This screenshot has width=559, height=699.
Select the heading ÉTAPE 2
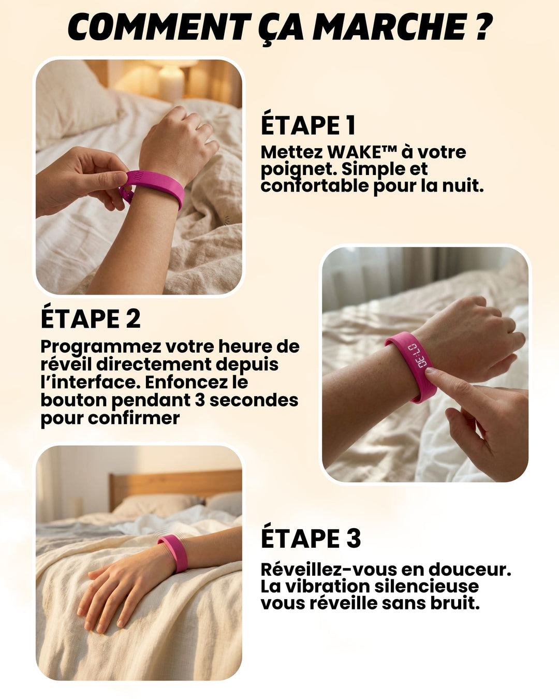[91, 318]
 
